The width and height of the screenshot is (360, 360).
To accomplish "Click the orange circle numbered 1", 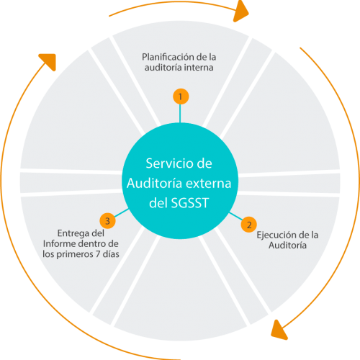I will point(181,96).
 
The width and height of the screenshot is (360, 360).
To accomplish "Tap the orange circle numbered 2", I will point(248,224).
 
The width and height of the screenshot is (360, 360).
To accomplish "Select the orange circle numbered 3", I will point(107,220).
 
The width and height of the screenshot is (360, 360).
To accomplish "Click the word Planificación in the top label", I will point(168,57).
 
